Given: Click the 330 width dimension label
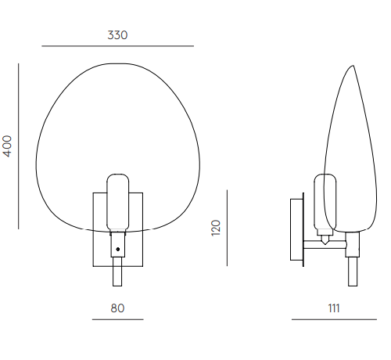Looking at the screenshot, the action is pyautogui.click(x=117, y=35).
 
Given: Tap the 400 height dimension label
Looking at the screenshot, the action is pyautogui.click(x=8, y=146).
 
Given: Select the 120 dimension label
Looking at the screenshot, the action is pyautogui.click(x=216, y=228).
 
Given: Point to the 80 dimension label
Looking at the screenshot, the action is pyautogui.click(x=117, y=308).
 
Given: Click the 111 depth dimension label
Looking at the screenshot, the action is pyautogui.click(x=334, y=308).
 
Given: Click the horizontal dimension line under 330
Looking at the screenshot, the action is pyautogui.click(x=118, y=46).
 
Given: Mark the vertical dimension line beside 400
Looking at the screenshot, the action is pyautogui.click(x=19, y=146).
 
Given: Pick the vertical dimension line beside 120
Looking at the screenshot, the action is pyautogui.click(x=227, y=228).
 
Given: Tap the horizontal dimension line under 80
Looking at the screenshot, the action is pyautogui.click(x=118, y=319).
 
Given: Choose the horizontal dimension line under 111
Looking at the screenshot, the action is pyautogui.click(x=334, y=319).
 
